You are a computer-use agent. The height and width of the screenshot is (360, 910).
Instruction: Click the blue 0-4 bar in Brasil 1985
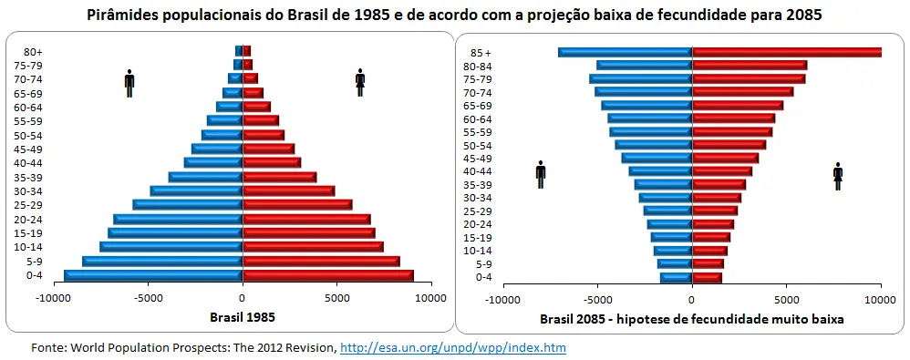(x=153, y=275)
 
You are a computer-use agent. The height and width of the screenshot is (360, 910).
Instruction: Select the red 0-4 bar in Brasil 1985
(x=328, y=275)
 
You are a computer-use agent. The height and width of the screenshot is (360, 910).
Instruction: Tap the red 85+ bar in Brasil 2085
(x=787, y=52)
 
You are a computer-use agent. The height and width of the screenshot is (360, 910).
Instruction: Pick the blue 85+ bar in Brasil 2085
(x=626, y=52)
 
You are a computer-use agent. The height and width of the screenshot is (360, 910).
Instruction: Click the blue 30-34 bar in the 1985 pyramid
(x=197, y=190)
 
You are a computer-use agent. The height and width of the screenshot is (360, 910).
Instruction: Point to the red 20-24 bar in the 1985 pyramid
(x=306, y=219)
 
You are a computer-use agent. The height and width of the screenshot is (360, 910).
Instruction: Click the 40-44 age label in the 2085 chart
(x=478, y=171)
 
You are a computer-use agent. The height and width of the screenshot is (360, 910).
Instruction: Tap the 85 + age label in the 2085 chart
(x=480, y=53)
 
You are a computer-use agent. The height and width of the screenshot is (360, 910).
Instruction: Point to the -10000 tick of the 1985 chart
(x=54, y=298)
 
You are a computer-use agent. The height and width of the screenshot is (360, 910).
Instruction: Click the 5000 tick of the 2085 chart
(x=786, y=298)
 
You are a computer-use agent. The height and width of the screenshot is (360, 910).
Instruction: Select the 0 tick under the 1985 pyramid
(x=243, y=298)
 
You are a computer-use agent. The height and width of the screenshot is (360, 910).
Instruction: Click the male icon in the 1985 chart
(x=129, y=82)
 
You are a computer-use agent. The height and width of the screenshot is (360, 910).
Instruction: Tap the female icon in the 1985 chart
(x=360, y=82)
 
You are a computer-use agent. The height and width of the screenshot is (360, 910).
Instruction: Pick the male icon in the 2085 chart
(x=541, y=174)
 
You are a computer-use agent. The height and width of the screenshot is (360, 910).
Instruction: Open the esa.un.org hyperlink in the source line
(x=454, y=347)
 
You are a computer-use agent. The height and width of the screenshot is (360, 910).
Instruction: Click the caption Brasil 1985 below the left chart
(x=242, y=318)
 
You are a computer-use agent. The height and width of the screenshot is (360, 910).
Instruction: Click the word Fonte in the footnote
(x=47, y=347)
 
